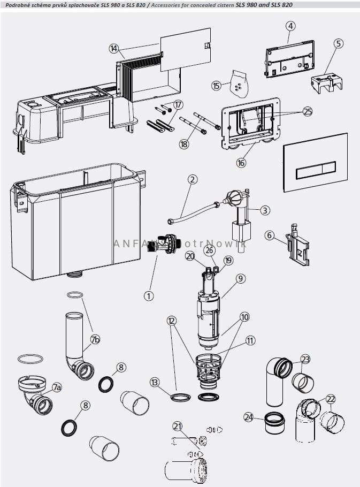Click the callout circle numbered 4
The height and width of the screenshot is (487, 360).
(290, 26)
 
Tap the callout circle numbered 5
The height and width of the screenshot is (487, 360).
(338, 43)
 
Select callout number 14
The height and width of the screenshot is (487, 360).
(114, 48)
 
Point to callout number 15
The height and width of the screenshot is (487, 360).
(217, 86)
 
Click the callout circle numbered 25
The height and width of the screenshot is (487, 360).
(307, 111)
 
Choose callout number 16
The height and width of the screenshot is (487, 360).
(241, 163)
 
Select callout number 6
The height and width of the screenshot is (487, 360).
(270, 235)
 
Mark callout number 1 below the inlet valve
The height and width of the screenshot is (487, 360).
(149, 295)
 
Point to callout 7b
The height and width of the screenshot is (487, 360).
(95, 339)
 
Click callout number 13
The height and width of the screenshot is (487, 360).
(155, 382)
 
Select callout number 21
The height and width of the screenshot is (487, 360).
(178, 426)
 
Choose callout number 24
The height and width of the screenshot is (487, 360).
(248, 416)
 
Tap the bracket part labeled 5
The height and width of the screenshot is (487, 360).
(326, 83)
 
